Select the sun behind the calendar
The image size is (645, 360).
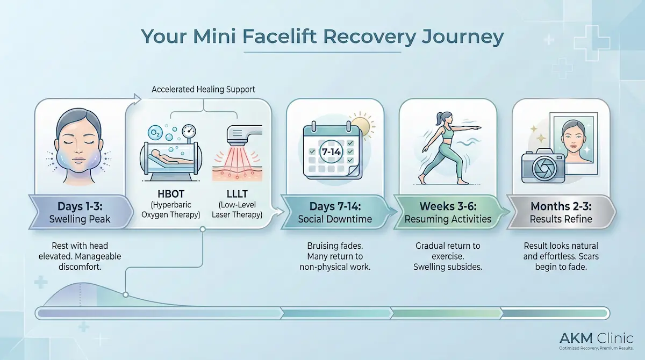(x=360, y=124)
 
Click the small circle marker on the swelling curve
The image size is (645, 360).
(x=125, y=294)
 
